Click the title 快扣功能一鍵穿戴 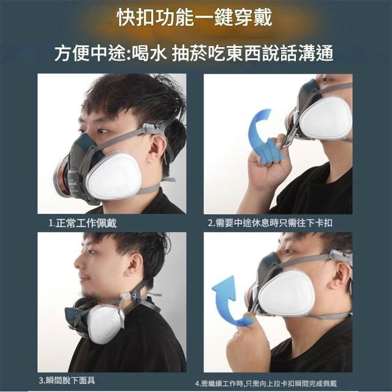195,18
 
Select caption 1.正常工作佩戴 83,223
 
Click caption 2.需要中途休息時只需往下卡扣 270,222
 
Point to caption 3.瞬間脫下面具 67,381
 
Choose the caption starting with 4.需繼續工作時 266,383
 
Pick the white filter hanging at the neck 106,324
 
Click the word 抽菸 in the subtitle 189,53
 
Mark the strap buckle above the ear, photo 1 151,129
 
